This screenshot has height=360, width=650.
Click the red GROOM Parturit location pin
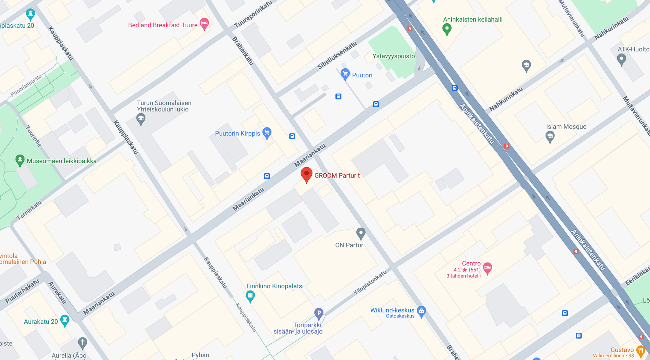tap(306, 174)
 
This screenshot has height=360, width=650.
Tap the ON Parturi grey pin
tap(361, 233)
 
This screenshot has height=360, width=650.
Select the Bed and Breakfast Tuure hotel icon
tap(204, 23)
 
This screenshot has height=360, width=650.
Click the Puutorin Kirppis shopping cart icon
tap(267, 132)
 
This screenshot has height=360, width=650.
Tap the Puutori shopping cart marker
tap(345, 74)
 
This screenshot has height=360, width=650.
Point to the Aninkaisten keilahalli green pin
tap(447, 29)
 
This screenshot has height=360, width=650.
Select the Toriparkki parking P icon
tap(319, 313)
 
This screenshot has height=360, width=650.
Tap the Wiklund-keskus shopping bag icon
tap(421, 311)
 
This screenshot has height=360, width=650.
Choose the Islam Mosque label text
tap(566, 127)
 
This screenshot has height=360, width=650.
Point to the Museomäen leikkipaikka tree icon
tap(20, 160)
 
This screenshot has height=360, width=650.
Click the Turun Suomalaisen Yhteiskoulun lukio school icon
tap(141, 119)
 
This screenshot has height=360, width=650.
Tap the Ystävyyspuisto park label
tap(394, 56)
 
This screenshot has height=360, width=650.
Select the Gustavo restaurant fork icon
tap(640, 351)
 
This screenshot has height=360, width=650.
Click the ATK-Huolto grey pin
tap(621, 59)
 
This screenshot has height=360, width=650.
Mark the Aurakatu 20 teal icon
tap(65, 320)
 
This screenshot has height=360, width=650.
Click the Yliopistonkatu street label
tap(370, 282)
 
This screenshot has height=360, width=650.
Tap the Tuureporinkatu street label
tap(253, 14)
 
